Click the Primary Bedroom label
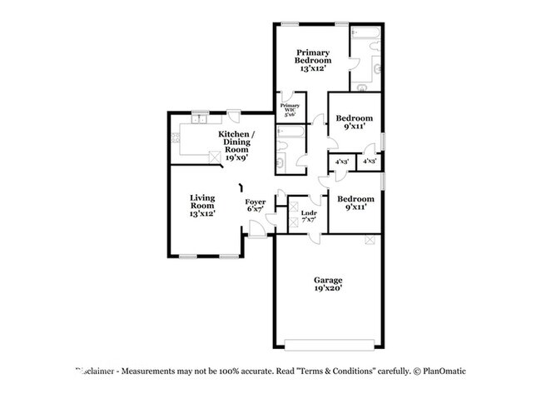pos(314,56)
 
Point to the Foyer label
pos(255,202)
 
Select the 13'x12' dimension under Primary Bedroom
pos(314,69)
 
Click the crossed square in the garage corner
pos(370,240)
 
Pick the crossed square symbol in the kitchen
pos(214,156)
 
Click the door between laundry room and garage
pos(315,236)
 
